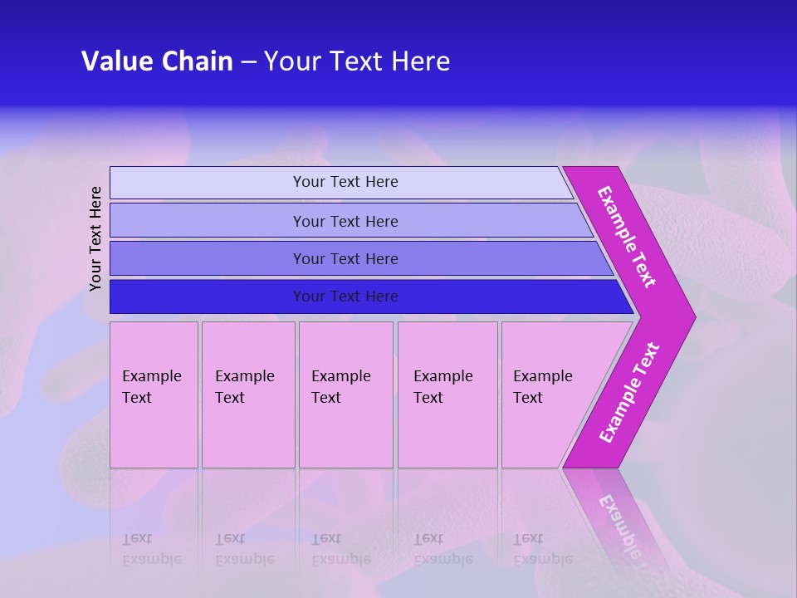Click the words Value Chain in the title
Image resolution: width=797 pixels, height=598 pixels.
click(157, 61)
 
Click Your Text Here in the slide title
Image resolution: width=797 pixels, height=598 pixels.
click(357, 61)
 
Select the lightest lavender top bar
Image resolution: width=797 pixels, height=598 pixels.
click(208, 183)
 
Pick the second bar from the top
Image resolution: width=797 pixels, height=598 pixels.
click(208, 221)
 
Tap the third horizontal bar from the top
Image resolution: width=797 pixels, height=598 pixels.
click(208, 258)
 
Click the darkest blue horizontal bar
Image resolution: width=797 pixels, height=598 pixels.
click(208, 297)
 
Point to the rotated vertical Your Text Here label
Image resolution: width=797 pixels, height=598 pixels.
click(96, 238)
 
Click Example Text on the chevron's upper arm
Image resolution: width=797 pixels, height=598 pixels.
click(627, 237)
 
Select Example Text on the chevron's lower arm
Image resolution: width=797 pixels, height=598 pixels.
click(629, 393)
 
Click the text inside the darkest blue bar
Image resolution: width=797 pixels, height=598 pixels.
click(345, 297)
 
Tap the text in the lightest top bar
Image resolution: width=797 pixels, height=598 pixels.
click(345, 182)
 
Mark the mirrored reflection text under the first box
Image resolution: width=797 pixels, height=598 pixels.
click(151, 549)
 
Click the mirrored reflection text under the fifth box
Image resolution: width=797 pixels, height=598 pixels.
click(542, 549)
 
